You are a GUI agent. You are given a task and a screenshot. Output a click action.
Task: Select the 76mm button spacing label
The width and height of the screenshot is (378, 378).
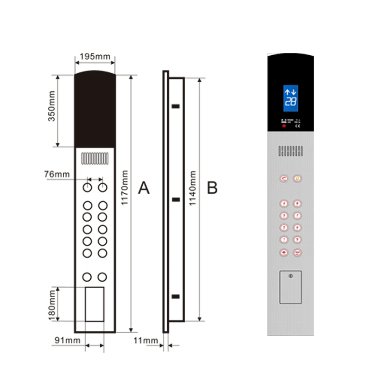57,174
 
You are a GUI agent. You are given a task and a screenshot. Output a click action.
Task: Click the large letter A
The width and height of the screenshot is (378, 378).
144,188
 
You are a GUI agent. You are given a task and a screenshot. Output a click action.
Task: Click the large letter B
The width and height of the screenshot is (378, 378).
213,188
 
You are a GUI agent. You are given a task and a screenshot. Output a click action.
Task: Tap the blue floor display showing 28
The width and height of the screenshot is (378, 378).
291,97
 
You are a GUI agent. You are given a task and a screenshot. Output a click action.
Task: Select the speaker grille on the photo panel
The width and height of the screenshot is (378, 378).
290,152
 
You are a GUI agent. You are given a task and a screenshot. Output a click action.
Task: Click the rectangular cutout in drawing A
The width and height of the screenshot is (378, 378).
94,304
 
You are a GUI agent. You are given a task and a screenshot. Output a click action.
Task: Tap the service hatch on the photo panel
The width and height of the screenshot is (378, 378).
290,287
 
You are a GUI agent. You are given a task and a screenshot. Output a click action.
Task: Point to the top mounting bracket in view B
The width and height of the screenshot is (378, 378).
176,106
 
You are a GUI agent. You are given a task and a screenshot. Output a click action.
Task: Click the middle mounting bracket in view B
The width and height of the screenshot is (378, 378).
176,200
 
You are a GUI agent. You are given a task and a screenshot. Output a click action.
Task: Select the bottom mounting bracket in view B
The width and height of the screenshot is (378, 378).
176,296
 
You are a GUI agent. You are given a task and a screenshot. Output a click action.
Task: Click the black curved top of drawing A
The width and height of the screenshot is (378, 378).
95,109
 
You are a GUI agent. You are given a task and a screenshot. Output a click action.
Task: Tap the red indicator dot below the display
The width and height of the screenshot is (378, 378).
284,126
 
